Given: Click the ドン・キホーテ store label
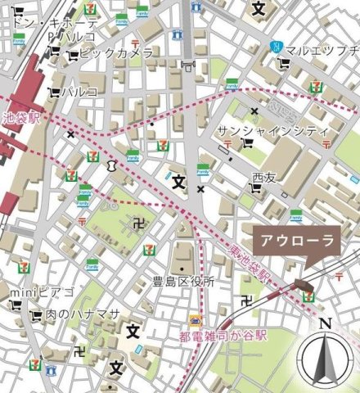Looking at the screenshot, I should click(x=54, y=22).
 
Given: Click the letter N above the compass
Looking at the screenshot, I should click(x=325, y=323).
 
